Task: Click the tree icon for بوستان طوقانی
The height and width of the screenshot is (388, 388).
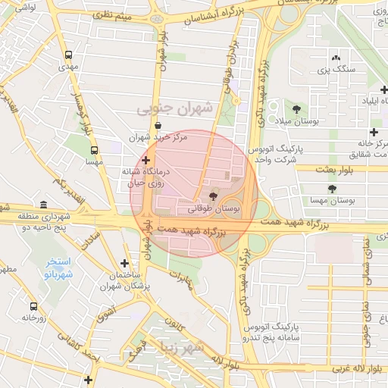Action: [x=210, y=195]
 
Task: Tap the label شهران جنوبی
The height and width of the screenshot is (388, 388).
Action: [x=174, y=109]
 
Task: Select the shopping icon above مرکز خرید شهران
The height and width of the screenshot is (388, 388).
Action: [x=158, y=126]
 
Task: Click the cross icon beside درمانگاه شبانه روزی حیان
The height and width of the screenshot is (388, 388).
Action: [x=145, y=160]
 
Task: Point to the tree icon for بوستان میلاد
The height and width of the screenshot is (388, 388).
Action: [x=296, y=109]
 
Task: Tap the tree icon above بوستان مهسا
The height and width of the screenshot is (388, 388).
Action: [x=331, y=189]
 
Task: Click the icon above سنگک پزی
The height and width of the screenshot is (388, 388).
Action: [x=336, y=58]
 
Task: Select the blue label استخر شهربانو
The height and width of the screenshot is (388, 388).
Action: [x=58, y=268]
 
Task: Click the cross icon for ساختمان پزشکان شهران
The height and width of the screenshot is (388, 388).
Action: [x=124, y=262]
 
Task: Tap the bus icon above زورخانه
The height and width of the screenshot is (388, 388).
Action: [x=33, y=306]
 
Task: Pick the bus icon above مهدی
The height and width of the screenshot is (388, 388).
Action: [x=69, y=55]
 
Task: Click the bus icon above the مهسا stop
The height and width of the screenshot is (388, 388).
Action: [x=95, y=149]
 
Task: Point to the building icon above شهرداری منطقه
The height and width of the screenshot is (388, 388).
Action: [x=43, y=205]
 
